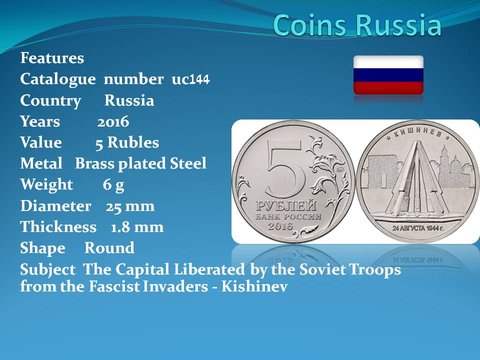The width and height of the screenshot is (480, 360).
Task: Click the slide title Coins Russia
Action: [x=357, y=24]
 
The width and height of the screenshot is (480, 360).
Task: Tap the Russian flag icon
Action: [x=388, y=75]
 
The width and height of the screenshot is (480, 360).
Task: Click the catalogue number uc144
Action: [x=190, y=79]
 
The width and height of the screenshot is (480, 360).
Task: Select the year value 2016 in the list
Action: [x=113, y=122]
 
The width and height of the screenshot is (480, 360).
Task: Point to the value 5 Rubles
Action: [x=127, y=142]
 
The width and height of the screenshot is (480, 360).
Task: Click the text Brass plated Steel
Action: [x=140, y=163]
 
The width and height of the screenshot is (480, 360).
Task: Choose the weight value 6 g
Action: [x=113, y=185]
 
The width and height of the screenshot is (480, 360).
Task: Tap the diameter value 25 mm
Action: [x=130, y=206]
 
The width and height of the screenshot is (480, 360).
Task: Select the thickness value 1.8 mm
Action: [x=137, y=227]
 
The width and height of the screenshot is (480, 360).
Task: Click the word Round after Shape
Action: [x=109, y=248]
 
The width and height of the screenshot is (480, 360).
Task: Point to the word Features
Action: [x=52, y=58]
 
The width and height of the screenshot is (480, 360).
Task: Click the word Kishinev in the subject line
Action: [x=254, y=286]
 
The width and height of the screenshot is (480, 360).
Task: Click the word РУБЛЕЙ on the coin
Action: [x=286, y=205]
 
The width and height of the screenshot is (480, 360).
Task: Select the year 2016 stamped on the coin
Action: [x=280, y=226]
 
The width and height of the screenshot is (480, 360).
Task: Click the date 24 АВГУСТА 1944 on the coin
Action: [x=418, y=228]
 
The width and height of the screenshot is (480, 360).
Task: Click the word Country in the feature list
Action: [x=50, y=100]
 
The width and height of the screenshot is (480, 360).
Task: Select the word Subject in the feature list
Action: [x=47, y=269]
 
